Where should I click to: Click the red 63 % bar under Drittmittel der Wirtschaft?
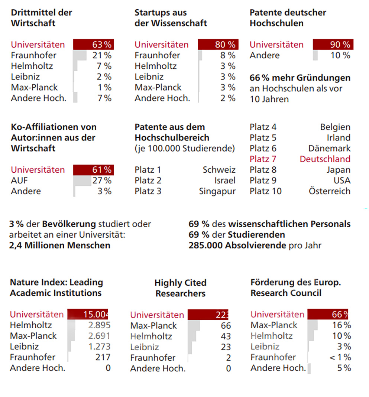(x=93, y=45)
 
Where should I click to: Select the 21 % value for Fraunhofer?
(x=102, y=55)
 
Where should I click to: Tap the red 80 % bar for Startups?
(x=218, y=45)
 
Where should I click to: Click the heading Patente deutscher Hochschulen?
(x=288, y=17)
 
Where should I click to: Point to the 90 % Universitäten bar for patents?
(x=333, y=45)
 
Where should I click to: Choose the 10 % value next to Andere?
(x=340, y=55)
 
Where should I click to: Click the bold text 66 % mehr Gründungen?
(x=300, y=78)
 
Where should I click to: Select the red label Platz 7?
(x=263, y=159)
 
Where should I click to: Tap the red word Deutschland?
(x=325, y=159)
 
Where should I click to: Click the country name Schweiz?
(x=219, y=170)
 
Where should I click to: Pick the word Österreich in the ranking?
(x=329, y=191)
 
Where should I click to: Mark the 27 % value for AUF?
(x=102, y=180)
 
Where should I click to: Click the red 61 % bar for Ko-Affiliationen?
(x=93, y=170)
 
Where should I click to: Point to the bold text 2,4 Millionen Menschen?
(x=60, y=245)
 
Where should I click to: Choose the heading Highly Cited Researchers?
(x=180, y=288)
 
